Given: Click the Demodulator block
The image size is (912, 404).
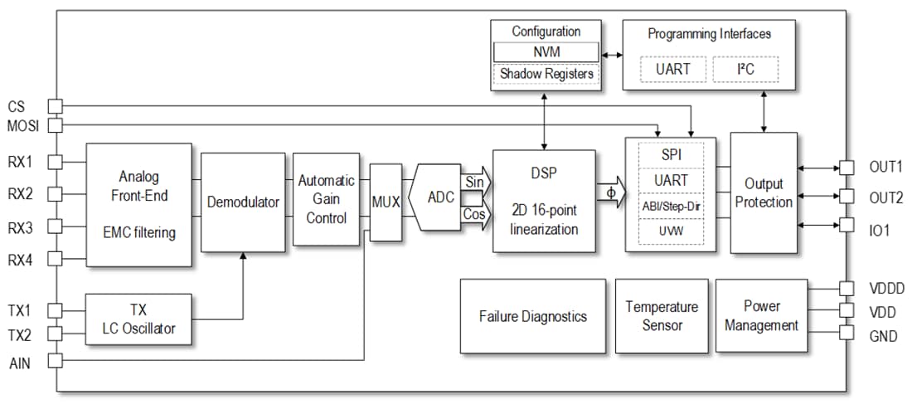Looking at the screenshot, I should click(x=242, y=202).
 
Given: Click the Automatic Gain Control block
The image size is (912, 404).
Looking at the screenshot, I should click(x=326, y=199).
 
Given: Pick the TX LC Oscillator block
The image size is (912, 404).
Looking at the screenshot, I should click(x=138, y=319).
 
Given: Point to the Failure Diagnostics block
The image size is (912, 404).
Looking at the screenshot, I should click(x=532, y=316).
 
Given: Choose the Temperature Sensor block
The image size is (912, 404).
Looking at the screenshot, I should click(x=662, y=316).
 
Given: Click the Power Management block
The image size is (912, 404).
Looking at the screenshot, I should click(x=761, y=316).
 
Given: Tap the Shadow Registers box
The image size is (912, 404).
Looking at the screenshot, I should click(x=546, y=74).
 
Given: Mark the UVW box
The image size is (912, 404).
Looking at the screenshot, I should click(x=672, y=231).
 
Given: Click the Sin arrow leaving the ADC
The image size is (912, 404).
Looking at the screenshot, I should click(x=476, y=181).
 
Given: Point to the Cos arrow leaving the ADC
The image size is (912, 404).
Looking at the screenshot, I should click(x=476, y=214).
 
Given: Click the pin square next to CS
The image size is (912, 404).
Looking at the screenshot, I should click(x=55, y=106).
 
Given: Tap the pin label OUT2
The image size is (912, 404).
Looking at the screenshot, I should click(x=885, y=197).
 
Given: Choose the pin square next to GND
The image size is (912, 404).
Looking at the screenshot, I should click(x=847, y=333).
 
